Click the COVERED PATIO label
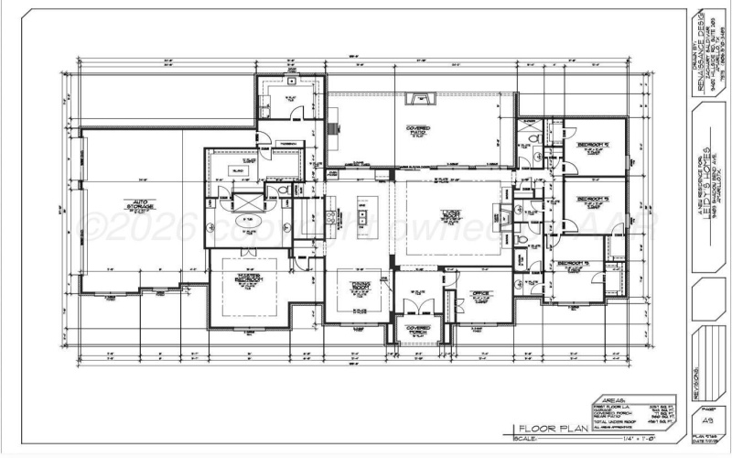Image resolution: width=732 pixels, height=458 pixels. [x=420, y=129]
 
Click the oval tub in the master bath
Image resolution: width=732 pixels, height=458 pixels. [x=249, y=220]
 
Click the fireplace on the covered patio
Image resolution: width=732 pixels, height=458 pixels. [x=422, y=96]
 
